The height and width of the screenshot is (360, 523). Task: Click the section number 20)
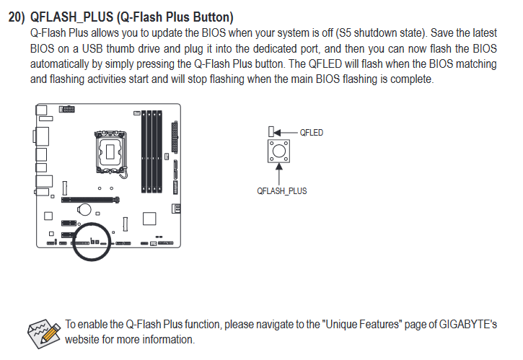[17, 17]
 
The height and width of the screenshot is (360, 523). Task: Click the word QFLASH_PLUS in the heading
[71, 17]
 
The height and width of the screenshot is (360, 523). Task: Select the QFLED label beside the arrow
[311, 133]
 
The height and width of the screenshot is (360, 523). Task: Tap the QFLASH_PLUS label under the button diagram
[282, 191]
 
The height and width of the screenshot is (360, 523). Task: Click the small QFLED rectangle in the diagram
[271, 131]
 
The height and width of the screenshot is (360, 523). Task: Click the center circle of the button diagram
[279, 151]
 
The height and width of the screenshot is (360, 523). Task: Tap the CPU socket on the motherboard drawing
[110, 152]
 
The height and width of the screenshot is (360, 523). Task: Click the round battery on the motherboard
[84, 209]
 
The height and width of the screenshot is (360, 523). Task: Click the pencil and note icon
[44, 333]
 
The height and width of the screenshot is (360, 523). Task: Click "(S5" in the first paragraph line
[343, 32]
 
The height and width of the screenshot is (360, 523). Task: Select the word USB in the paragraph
[93, 48]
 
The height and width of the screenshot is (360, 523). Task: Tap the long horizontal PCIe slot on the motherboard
[90, 200]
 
